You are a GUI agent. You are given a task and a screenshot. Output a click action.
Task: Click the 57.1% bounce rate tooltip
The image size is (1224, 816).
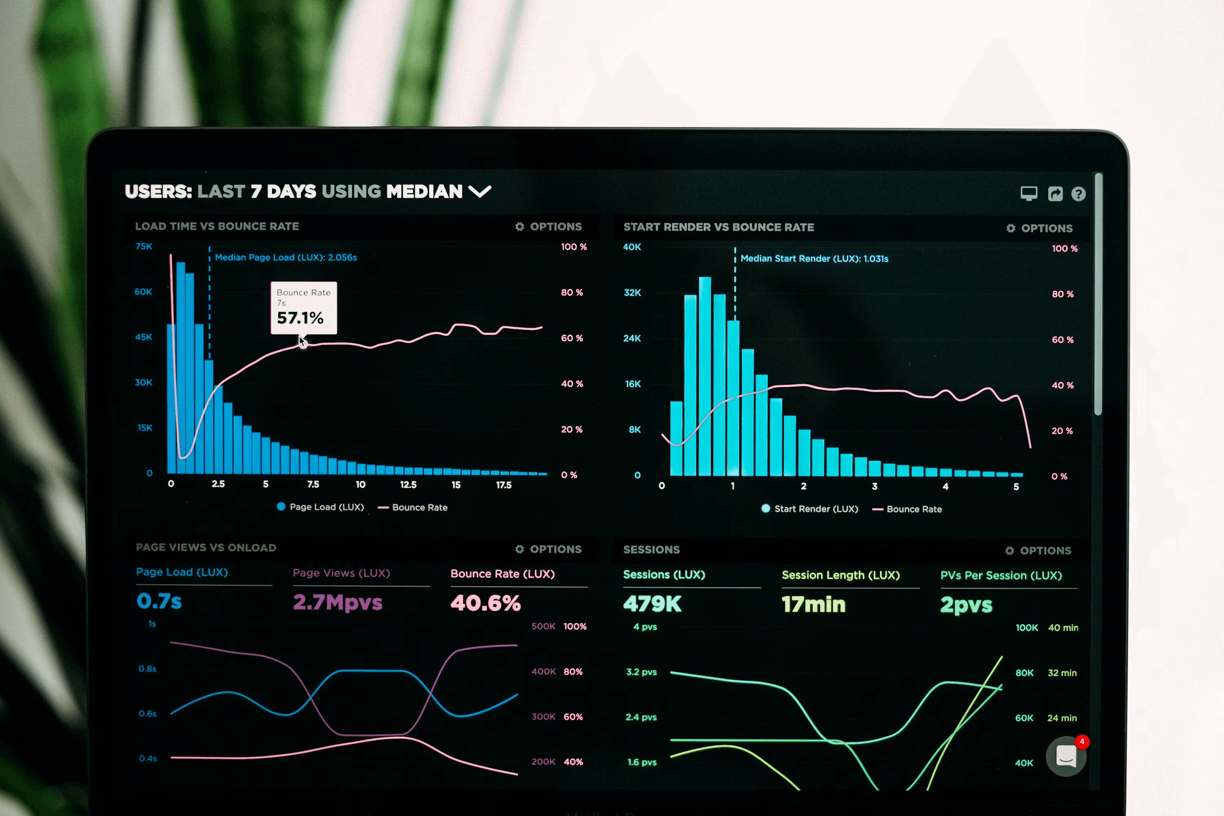point(304,308)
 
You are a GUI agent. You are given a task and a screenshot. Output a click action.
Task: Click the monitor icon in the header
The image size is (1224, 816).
point(1028,193)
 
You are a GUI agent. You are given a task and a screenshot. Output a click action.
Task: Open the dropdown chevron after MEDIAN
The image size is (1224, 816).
point(479,191)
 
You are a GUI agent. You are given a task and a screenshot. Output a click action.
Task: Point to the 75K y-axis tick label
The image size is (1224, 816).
point(144,246)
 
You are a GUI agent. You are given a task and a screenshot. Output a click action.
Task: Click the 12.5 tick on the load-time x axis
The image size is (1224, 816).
point(408,485)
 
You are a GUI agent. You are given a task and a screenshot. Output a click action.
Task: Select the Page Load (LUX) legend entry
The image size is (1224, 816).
point(321,507)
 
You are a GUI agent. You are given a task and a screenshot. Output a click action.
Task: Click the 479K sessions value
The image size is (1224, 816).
point(652,604)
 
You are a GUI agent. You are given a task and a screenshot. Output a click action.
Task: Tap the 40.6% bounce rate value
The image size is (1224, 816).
point(486,603)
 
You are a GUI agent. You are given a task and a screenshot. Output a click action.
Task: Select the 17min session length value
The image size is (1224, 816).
point(814,604)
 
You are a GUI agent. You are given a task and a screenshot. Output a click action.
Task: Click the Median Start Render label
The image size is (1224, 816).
point(814,259)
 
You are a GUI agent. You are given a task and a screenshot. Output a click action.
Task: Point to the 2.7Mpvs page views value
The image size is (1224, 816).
point(338,602)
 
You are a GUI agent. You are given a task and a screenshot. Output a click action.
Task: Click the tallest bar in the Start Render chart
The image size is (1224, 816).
point(705,375)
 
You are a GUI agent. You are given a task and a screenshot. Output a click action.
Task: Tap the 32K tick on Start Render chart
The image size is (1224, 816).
point(632,293)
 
